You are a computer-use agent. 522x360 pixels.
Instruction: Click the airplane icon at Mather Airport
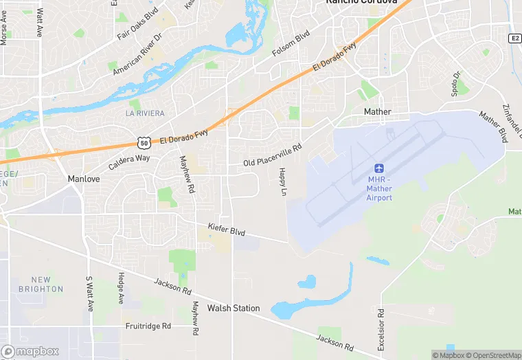378,168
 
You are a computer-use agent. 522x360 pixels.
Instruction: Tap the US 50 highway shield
143,143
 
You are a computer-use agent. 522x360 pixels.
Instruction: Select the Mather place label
377,111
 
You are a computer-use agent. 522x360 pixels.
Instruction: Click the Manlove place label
84,179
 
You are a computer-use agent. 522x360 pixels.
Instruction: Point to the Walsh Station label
234,308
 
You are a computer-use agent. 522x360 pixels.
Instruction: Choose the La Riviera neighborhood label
145,113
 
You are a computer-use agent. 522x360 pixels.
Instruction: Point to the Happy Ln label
282,183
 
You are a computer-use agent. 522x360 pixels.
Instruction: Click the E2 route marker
514,38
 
